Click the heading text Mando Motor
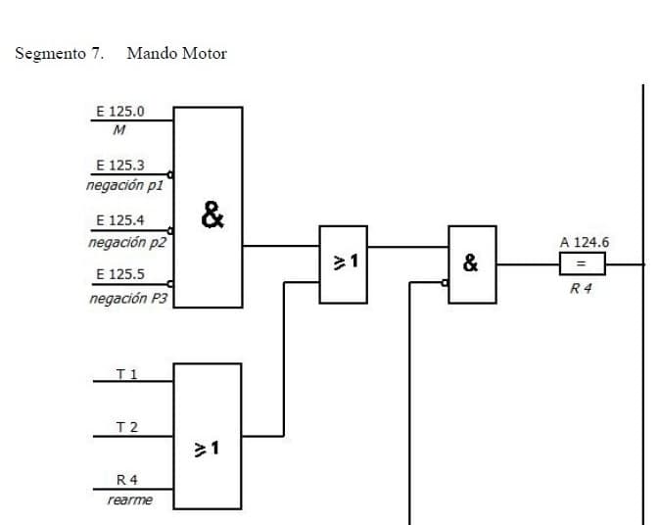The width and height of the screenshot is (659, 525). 176,54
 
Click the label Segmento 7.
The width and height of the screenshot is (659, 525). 60,54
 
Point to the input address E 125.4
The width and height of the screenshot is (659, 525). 119,221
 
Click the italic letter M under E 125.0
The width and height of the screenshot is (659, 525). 118,130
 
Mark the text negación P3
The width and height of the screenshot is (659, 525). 127,298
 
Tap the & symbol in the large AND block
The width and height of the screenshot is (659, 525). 211,213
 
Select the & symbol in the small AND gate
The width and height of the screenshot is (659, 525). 471,262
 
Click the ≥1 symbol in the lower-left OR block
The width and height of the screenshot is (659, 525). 206,449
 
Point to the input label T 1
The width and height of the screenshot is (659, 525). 126,373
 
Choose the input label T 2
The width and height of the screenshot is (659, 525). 126,427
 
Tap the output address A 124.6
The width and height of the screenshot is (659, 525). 585,241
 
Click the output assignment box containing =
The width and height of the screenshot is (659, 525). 582,263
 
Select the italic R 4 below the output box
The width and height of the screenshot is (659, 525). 582,289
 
